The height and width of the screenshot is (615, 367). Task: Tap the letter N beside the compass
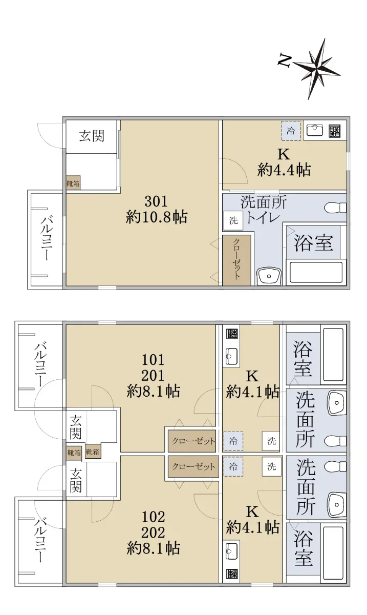tap(284, 60)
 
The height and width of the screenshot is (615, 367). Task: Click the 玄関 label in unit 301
tap(92, 136)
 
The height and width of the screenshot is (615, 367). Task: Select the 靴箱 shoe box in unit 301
tap(73, 183)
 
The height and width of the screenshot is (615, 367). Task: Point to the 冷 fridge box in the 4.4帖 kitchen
tap(291, 131)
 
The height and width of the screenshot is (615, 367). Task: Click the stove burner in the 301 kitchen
tap(335, 131)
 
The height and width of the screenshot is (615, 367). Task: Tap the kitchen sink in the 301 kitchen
tap(314, 130)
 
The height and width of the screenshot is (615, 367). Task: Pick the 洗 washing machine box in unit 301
tap(233, 220)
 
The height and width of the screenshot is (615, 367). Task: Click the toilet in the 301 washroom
tap(335, 207)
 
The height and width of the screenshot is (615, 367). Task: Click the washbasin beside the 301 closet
tap(269, 276)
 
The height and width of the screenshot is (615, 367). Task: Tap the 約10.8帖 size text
tap(157, 217)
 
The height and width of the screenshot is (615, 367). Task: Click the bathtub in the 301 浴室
tap(316, 274)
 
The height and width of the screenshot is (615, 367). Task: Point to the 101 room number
tap(153, 360)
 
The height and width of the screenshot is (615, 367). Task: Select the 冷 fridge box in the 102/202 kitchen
tap(233, 466)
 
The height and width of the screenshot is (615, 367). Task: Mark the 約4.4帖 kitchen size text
tap(284, 170)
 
